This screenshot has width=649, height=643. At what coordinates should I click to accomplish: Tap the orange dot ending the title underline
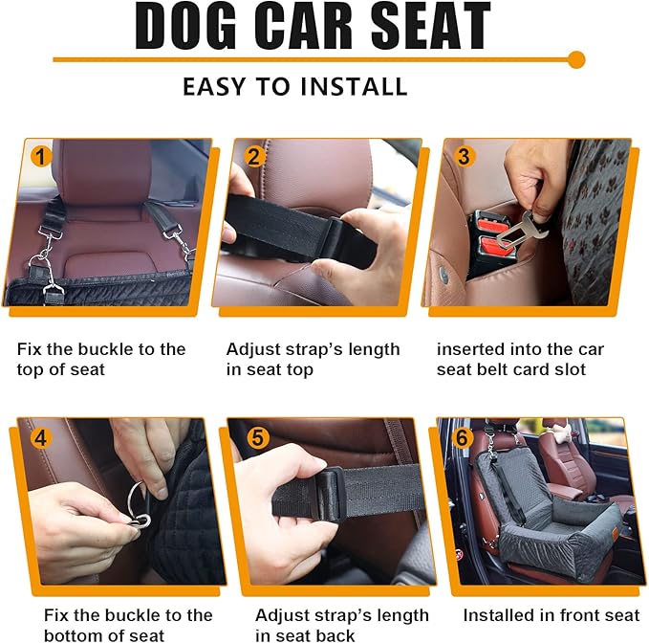tap(575, 60)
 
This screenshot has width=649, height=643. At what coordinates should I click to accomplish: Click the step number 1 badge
tap(41, 156)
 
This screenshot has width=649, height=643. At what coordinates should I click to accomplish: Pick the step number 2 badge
tap(253, 156)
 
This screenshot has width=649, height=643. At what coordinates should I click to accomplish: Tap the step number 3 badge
tap(464, 156)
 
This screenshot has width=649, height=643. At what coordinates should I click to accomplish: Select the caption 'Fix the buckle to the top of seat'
tap(101, 359)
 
